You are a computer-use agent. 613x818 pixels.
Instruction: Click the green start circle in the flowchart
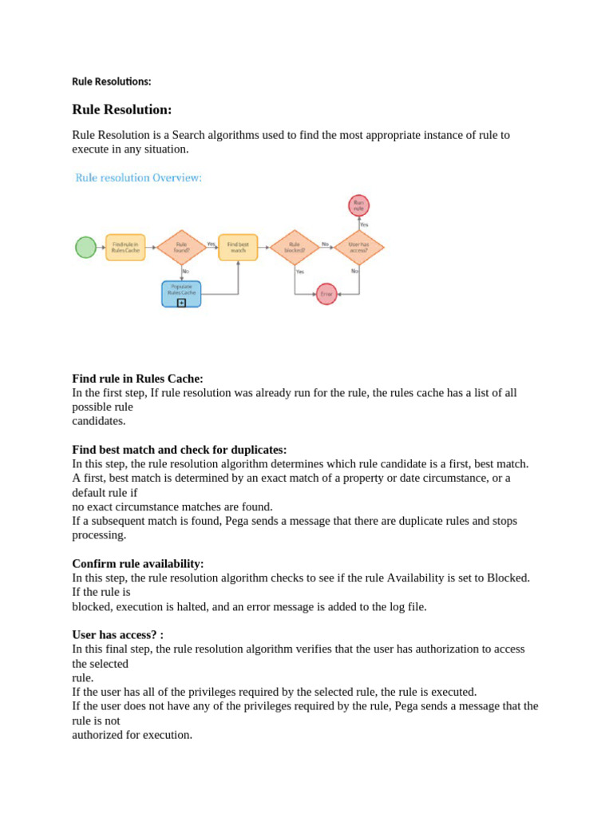click(85, 247)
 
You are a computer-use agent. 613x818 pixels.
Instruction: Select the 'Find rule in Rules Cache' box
click(125, 247)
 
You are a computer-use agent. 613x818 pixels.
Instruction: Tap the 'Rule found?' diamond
click(182, 247)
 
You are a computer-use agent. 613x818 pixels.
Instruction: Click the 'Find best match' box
click(238, 247)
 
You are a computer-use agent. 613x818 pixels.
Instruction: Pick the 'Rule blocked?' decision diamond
click(295, 247)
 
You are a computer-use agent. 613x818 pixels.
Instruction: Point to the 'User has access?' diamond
click(358, 247)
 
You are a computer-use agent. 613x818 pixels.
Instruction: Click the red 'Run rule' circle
click(359, 205)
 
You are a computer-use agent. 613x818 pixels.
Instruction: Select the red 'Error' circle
click(326, 294)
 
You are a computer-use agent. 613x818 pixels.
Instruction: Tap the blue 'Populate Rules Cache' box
click(181, 292)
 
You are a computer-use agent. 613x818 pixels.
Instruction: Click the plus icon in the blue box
click(181, 303)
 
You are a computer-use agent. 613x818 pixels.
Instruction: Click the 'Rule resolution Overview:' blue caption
click(138, 178)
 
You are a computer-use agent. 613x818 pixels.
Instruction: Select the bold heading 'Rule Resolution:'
click(121, 109)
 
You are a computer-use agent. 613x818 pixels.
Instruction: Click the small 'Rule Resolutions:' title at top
click(111, 81)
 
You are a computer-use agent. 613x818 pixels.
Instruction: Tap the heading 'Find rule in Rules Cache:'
click(137, 379)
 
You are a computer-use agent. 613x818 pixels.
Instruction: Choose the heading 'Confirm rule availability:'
click(138, 563)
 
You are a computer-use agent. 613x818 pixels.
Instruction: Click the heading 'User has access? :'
click(117, 634)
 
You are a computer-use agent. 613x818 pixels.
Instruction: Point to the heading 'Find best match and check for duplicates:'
click(179, 450)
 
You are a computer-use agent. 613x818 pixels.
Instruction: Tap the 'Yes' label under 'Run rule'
click(364, 224)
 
